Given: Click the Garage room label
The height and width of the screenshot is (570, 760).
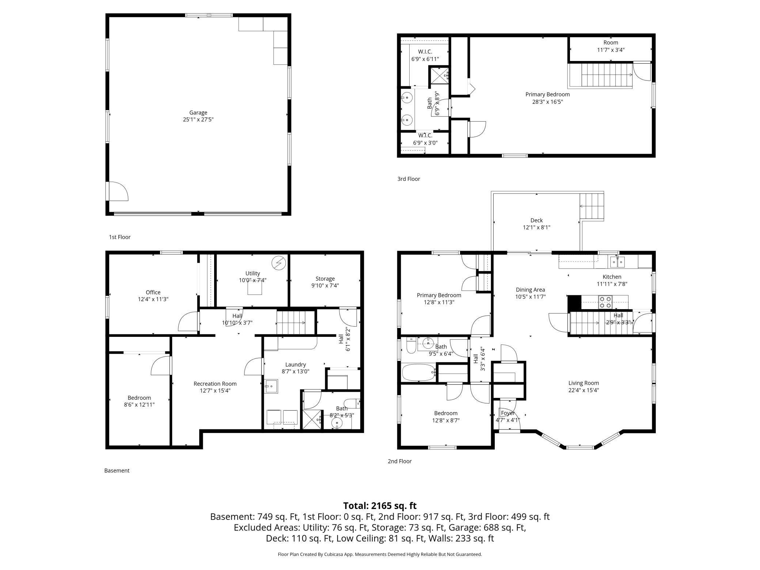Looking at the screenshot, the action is [198, 113].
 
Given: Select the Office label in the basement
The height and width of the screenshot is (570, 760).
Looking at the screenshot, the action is [153, 292].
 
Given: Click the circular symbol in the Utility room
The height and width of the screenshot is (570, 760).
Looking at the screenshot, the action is [279, 262].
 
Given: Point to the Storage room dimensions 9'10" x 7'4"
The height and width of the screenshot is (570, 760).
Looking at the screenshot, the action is [325, 285].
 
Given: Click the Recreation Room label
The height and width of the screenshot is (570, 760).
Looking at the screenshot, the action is [215, 384].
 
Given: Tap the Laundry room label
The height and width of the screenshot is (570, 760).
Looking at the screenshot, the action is [296, 364].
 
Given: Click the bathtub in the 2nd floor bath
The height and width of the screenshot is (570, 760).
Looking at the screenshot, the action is [419, 373].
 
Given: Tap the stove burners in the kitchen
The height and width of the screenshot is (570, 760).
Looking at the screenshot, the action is [605, 302].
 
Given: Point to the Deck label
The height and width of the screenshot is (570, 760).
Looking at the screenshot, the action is [537, 220].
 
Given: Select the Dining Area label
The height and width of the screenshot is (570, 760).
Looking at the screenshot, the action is [530, 290].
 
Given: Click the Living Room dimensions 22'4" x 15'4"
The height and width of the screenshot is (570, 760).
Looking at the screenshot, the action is [584, 390].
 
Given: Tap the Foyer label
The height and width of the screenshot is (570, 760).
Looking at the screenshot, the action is [508, 413].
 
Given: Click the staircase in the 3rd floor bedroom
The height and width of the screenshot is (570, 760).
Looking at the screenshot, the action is [600, 75].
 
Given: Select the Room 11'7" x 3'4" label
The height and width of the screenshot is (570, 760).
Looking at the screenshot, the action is [611, 46].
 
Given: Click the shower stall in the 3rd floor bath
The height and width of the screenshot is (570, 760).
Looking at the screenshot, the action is [439, 76].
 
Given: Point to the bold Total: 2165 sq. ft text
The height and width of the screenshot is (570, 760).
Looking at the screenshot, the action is [380, 506].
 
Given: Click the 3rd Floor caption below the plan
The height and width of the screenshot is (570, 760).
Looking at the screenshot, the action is [409, 179].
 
